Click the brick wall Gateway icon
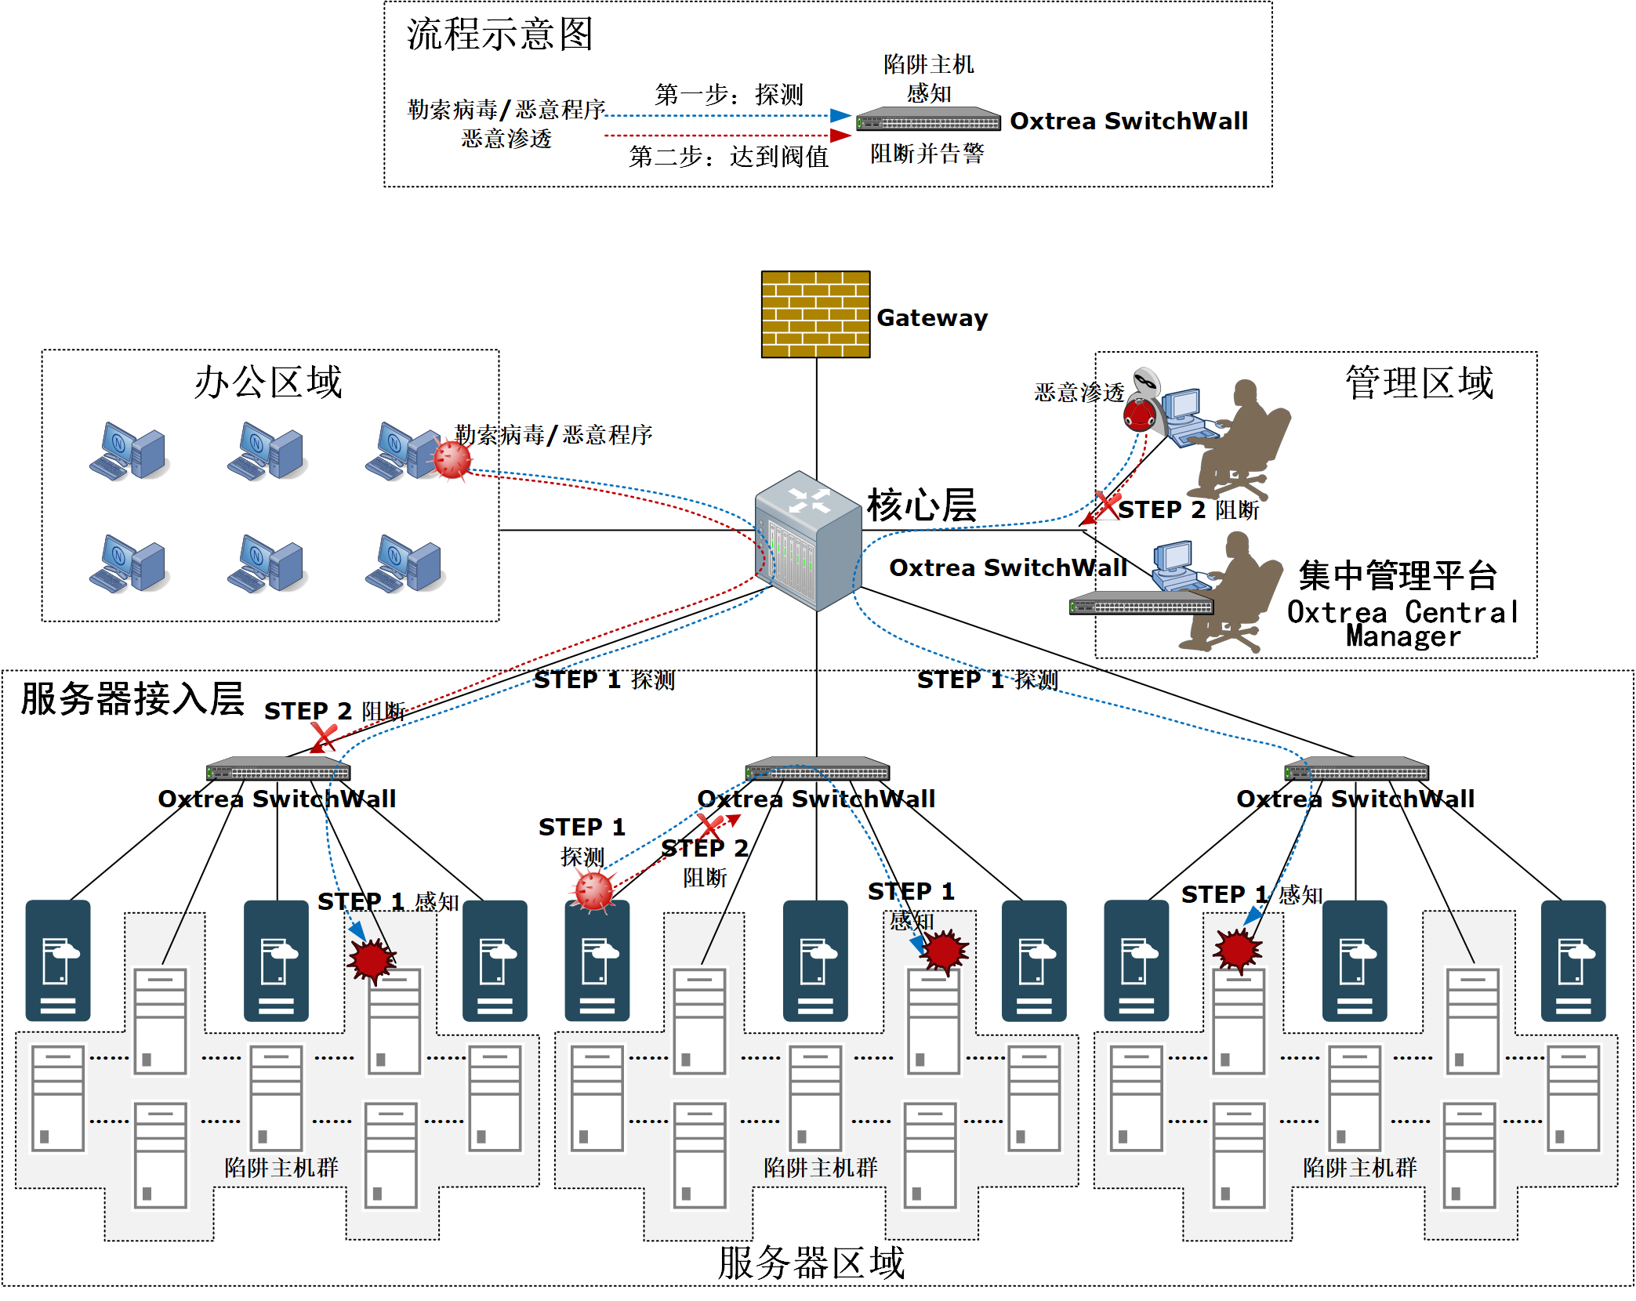[x=815, y=314]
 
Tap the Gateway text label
[x=932, y=317]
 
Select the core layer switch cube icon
[x=808, y=540]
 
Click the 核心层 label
[x=921, y=505]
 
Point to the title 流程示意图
[x=499, y=34]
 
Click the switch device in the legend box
[x=928, y=119]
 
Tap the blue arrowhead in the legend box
[x=840, y=115]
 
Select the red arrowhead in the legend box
[x=840, y=136]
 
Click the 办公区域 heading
[x=268, y=382]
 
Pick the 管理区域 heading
[x=1420, y=382]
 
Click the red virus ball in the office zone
[x=452, y=459]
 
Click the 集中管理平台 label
[x=1398, y=575]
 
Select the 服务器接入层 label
[x=132, y=698]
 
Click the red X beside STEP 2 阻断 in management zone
[x=1108, y=505]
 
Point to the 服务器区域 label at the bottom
[x=811, y=1263]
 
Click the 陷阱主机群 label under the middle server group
[x=821, y=1168]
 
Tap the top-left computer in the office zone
[x=128, y=451]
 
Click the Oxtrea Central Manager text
[x=1403, y=624]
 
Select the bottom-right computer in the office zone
[x=404, y=564]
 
